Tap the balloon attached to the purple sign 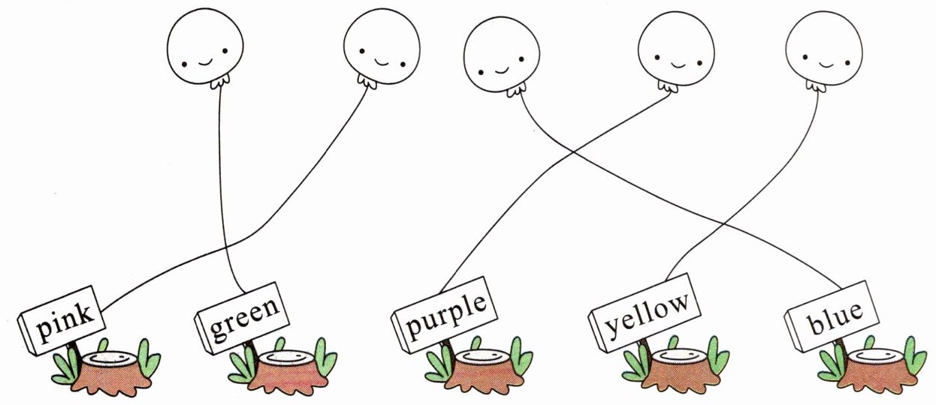tap(676, 52)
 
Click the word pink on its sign tap(65, 324)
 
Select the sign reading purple tap(445, 315)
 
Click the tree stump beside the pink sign tap(110, 372)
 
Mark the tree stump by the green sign tap(287, 372)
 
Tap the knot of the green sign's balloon tap(219, 82)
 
